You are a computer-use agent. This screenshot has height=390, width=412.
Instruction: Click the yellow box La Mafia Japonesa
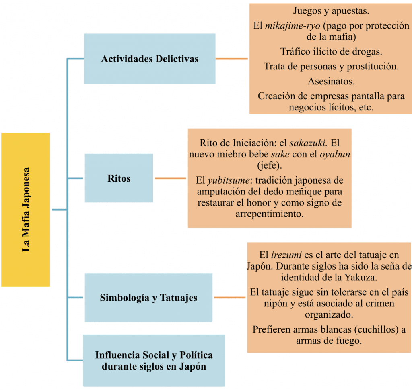pyautogui.click(x=25, y=210)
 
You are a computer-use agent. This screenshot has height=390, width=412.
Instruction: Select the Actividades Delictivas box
pyautogui.click(x=150, y=59)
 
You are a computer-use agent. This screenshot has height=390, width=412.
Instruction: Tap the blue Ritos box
pyautogui.click(x=119, y=178)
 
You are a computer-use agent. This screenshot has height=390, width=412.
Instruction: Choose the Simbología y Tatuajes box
pyautogui.click(x=148, y=297)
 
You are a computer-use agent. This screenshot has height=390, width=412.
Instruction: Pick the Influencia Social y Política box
pyautogui.click(x=154, y=360)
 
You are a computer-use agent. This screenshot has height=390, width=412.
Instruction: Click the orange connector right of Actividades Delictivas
pyautogui.click(x=231, y=59)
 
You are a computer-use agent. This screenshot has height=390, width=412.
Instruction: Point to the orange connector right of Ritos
pyautogui.click(x=170, y=178)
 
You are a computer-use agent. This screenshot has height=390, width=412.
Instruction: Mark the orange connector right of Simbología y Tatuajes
pyautogui.click(x=230, y=297)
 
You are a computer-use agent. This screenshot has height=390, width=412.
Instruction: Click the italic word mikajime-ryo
pyautogui.click(x=293, y=26)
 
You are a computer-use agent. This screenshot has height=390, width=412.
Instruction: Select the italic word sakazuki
pyautogui.click(x=308, y=143)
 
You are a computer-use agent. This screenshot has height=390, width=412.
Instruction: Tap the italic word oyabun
pyautogui.click(x=335, y=155)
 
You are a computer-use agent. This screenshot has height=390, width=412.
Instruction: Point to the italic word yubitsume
pyautogui.click(x=228, y=180)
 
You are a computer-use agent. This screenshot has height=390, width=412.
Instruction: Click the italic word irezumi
pyautogui.click(x=286, y=255)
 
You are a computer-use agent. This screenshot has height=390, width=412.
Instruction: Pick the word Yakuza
pyautogui.click(x=360, y=277)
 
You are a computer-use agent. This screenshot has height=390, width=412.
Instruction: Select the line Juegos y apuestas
pyautogui.click(x=331, y=11)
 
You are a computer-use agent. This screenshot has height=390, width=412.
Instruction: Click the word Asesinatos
pyautogui.click(x=331, y=81)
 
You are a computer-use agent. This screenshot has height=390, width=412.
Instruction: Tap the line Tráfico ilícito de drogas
pyautogui.click(x=331, y=51)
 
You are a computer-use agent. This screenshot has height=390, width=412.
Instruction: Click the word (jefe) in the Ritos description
pyautogui.click(x=269, y=165)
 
